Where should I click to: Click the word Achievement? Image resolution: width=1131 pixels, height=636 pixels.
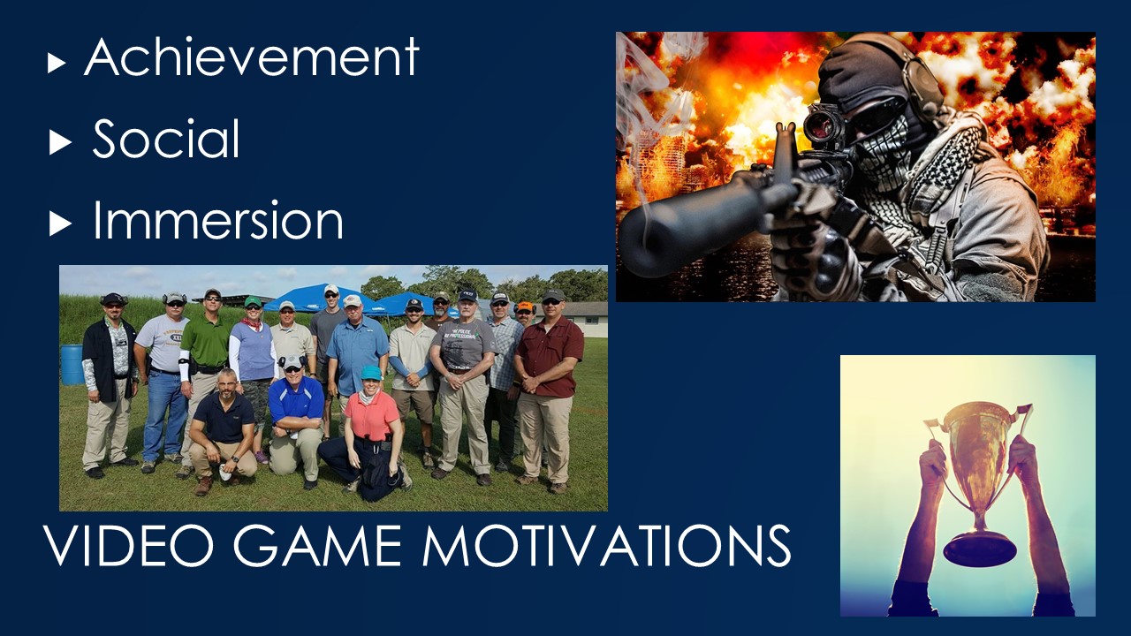[252, 57]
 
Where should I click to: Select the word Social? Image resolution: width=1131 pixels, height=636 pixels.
[166, 139]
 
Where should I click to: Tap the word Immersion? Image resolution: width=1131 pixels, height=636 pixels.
[218, 220]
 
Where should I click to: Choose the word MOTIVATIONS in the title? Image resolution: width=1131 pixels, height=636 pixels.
[606, 545]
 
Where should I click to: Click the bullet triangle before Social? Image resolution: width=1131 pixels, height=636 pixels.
[60, 142]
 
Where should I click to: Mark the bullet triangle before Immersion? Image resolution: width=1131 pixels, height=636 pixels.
[60, 223]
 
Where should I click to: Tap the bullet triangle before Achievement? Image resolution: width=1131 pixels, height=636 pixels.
[57, 64]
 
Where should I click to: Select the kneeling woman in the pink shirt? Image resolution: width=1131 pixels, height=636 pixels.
[368, 434]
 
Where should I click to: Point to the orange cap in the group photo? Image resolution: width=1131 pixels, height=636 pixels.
[526, 306]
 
